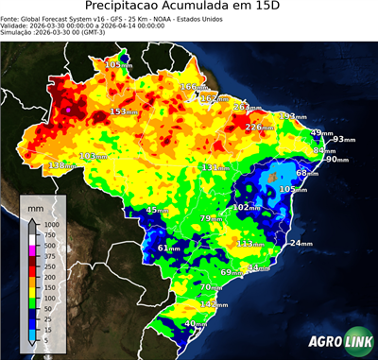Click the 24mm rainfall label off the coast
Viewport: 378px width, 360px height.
point(301,244)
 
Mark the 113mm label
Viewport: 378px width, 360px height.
point(250,244)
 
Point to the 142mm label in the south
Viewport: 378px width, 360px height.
point(215,305)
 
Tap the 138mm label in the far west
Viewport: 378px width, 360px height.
point(61,165)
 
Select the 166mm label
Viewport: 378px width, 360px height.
point(194,87)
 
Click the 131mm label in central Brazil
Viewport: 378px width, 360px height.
point(215,167)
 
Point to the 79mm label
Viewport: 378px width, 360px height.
point(210,219)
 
